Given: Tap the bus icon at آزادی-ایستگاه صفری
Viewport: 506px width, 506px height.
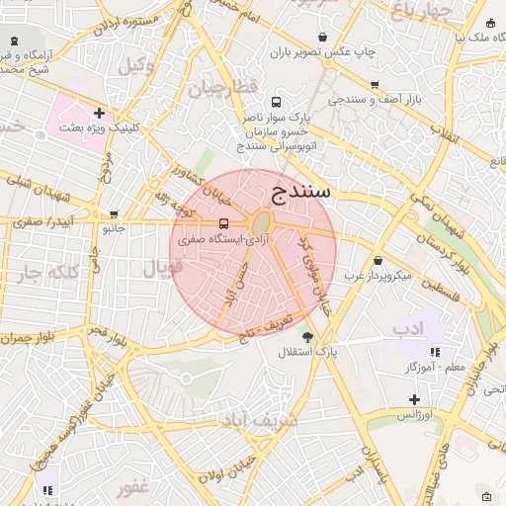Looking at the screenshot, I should tap(223, 223).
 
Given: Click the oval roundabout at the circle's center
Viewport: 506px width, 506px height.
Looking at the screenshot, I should tap(262, 224).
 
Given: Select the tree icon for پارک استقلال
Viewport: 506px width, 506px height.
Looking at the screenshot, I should tap(308, 337).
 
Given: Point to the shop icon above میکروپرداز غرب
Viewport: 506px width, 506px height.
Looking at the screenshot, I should tap(378, 260).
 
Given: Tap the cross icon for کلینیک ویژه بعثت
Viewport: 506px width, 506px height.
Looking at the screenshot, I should tap(99, 113).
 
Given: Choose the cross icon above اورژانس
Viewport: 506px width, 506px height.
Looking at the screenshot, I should tap(414, 399).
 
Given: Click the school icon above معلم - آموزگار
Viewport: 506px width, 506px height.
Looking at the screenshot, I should tap(435, 352).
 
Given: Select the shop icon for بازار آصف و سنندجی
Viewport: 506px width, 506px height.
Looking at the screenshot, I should tap(374, 85).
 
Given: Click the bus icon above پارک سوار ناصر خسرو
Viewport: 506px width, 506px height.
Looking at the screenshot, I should tap(275, 102).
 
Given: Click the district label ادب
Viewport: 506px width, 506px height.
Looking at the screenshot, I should tap(407, 327).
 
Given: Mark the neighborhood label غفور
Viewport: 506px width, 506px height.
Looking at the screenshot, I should tap(131, 488).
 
